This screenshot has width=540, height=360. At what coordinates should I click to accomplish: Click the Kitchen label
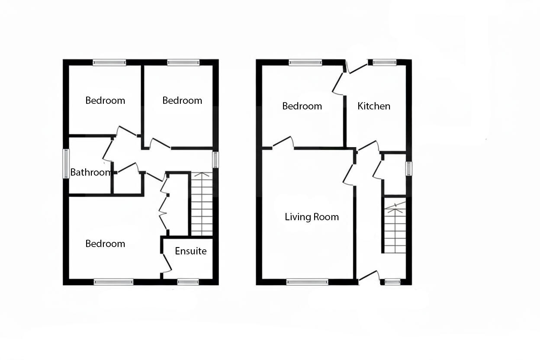point(374,106)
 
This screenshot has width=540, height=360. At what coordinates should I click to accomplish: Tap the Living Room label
point(312,217)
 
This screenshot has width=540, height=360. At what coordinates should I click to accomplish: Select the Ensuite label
point(190,251)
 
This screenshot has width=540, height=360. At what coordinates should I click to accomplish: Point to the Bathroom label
point(90,172)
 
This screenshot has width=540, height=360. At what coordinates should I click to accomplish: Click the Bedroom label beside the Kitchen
point(302,106)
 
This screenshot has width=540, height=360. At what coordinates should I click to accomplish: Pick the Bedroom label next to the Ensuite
point(105,244)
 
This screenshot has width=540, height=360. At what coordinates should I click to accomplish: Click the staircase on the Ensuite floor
point(202,204)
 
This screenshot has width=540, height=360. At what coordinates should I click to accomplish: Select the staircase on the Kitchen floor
point(394,227)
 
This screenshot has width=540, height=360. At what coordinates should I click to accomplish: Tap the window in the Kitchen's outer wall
point(385,62)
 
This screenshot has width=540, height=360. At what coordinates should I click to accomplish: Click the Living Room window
point(307,282)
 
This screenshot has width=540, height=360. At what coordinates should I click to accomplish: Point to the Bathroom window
point(66,164)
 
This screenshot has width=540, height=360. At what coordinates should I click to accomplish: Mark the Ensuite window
point(188,282)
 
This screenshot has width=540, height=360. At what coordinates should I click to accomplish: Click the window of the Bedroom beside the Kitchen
point(305,62)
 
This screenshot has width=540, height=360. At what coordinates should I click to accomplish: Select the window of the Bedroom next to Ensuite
point(114,282)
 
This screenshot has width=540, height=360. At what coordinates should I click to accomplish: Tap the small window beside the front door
point(392,282)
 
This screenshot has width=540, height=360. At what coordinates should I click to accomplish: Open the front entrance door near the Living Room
point(369,276)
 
